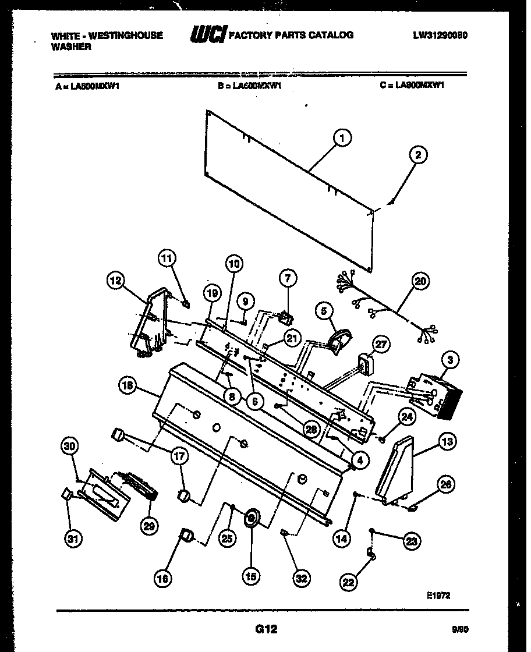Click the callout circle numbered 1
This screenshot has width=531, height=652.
(x=342, y=139)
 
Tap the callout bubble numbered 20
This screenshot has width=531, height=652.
(x=420, y=282)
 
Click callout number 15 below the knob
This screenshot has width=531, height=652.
(x=251, y=577)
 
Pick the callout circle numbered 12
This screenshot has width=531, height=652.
(x=116, y=281)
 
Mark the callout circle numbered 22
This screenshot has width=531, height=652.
(x=348, y=582)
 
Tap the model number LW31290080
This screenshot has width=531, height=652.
(x=440, y=35)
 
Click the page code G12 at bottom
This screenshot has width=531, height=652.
(x=265, y=629)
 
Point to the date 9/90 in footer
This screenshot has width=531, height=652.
(x=459, y=629)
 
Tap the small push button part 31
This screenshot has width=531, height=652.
(x=66, y=495)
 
